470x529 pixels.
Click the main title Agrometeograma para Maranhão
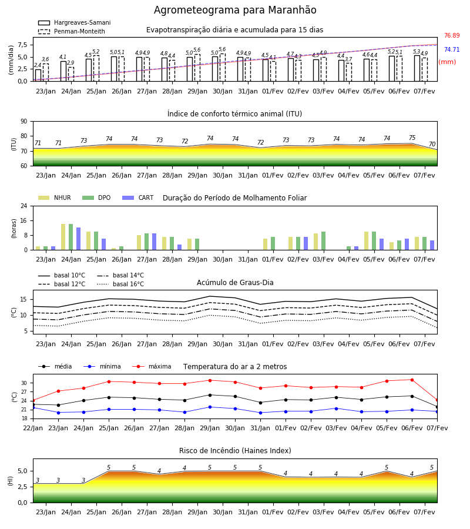tap(235, 10)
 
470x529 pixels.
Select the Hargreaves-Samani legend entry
tap(74, 22)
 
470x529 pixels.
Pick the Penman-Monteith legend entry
tap(72, 31)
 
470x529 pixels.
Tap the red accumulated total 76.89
tap(452, 35)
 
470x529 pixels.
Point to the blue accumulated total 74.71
tap(452, 49)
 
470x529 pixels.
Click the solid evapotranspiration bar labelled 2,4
tap(38, 75)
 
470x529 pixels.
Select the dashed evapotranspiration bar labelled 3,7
tap(349, 72)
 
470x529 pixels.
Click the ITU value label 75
tap(412, 138)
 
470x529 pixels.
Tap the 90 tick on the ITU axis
tap(24, 122)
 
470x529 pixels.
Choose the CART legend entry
tap(138, 197)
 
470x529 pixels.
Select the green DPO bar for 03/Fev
tap(323, 241)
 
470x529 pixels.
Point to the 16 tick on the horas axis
tap(24, 220)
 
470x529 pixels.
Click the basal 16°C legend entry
tap(120, 284)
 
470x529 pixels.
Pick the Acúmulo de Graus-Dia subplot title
tap(235, 282)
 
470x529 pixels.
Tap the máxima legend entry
tap(152, 366)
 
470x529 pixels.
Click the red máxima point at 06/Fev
tap(412, 380)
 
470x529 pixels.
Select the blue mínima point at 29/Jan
tap(210, 407)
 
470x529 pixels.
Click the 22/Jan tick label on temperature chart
tap(33, 428)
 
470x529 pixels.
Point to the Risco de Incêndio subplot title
tap(235, 451)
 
